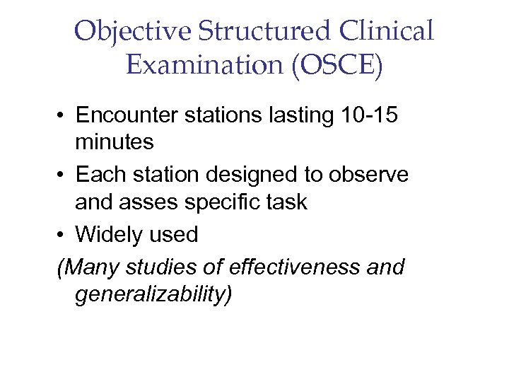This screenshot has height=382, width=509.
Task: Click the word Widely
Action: point(110,233)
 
